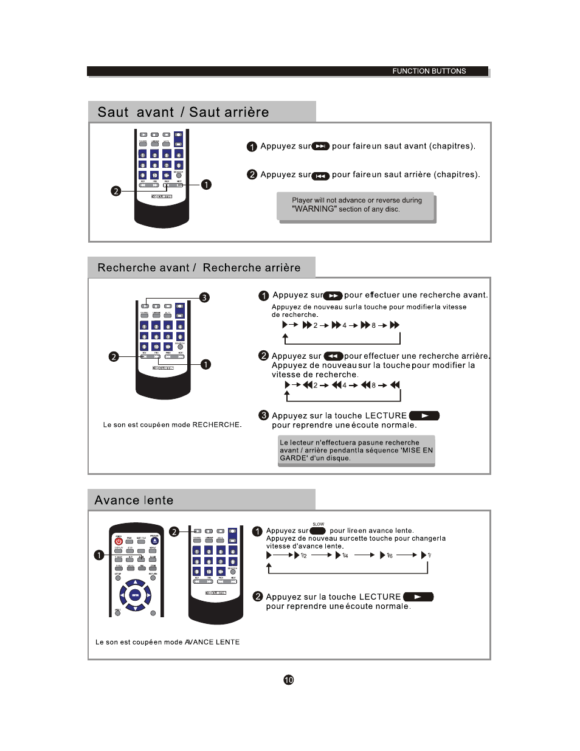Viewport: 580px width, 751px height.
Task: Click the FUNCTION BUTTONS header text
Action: coord(429,71)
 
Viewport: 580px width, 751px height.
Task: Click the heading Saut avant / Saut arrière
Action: coord(183,112)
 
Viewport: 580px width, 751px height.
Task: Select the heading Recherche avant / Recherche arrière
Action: coord(199,268)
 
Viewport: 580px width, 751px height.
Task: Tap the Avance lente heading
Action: coord(134,500)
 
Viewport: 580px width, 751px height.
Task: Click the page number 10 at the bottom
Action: coord(289,680)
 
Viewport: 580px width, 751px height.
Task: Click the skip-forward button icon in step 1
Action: coord(320,146)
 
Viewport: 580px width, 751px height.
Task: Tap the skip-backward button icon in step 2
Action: coord(320,176)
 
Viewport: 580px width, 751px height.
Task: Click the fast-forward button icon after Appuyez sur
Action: coord(333,296)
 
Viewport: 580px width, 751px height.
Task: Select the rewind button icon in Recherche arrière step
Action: coord(333,356)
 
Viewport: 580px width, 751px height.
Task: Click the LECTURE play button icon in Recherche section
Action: coord(424,416)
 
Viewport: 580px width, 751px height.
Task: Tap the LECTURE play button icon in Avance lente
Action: coord(418,597)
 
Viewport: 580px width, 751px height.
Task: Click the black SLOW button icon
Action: coord(317,531)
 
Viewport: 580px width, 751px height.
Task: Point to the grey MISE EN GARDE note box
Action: coord(356,451)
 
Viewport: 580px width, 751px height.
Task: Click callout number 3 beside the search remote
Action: coord(205,297)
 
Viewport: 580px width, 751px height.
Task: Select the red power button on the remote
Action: coord(119,541)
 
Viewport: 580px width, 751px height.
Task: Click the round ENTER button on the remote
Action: coord(135,595)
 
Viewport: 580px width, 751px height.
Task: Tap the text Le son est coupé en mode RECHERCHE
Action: coord(172,425)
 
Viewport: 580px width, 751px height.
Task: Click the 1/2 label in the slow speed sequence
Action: coord(303,555)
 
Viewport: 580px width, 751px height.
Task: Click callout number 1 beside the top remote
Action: coord(207,184)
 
